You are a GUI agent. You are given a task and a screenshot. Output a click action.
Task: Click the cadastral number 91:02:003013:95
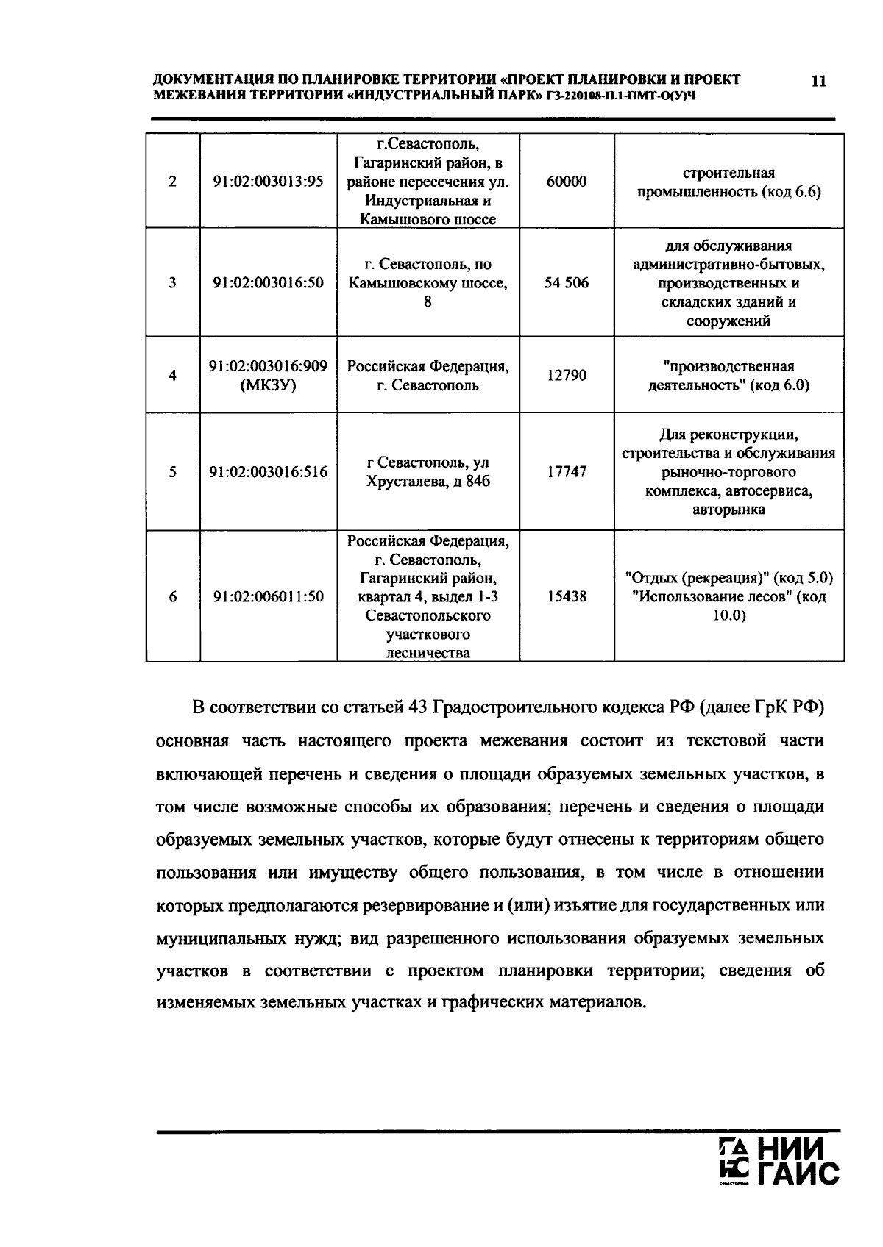pos(269,182)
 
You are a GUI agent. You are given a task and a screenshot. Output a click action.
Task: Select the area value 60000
pos(567,182)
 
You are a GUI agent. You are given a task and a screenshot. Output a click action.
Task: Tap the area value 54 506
pos(567,283)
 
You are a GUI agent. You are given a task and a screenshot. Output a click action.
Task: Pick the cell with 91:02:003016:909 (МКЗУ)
pos(269,375)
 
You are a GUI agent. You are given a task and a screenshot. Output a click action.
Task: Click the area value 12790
pos(567,376)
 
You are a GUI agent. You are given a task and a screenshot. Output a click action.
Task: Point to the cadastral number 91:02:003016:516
pos(269,472)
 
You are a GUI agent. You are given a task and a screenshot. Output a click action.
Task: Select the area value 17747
pos(567,472)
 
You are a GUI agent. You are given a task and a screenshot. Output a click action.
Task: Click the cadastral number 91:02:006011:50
pos(269,596)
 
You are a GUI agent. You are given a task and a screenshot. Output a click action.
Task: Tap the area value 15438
pos(567,596)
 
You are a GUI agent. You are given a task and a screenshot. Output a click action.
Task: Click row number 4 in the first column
pos(173,376)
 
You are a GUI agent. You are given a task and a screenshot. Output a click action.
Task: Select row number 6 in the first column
pos(173,596)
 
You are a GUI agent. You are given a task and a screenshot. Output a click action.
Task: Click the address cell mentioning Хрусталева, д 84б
pos(428,472)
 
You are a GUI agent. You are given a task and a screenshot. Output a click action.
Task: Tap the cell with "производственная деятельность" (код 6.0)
pos(728,376)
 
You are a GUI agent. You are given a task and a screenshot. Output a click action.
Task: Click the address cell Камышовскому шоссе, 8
pos(428,283)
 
